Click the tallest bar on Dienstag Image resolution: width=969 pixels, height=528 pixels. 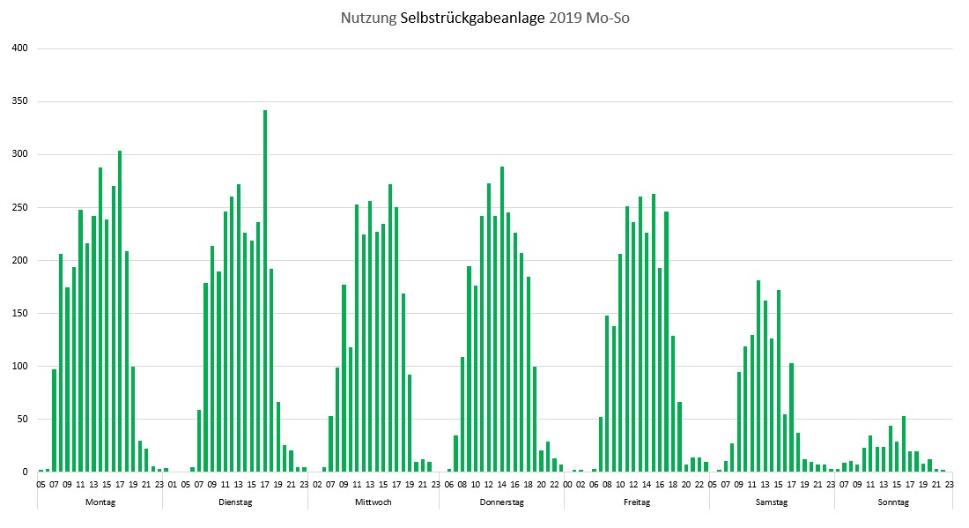pos(265,291)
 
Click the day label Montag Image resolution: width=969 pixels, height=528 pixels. pos(100,502)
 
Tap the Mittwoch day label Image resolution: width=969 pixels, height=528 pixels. pos(374,502)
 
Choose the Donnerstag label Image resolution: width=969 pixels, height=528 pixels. pos(502,502)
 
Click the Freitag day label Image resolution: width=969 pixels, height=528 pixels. pos(637,502)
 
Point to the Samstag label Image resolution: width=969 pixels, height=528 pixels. pos(772,502)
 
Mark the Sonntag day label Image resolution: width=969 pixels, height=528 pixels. pos(893,502)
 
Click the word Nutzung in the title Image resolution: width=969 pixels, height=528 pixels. pos(368,19)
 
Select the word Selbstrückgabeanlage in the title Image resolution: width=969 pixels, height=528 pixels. pos(473,19)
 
